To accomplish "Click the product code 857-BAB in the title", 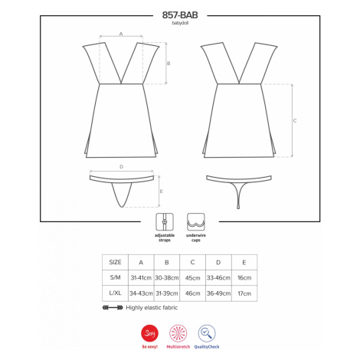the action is click(180, 15).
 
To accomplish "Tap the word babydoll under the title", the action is click(180, 23).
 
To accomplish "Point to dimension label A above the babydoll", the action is click(121, 34).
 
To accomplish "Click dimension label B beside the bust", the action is click(169, 64).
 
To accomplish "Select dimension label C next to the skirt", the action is click(295, 120).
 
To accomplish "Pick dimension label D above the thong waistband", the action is click(121, 167).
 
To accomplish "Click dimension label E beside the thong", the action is click(161, 191).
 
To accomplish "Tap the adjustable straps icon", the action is click(165, 222).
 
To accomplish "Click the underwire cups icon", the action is click(196, 222).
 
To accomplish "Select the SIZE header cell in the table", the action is click(115, 262).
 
